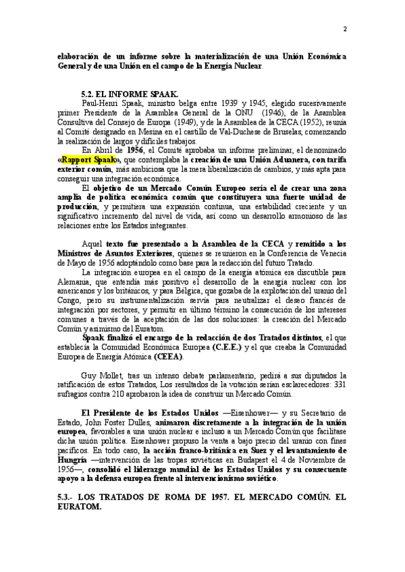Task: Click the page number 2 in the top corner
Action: pos(345,29)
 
